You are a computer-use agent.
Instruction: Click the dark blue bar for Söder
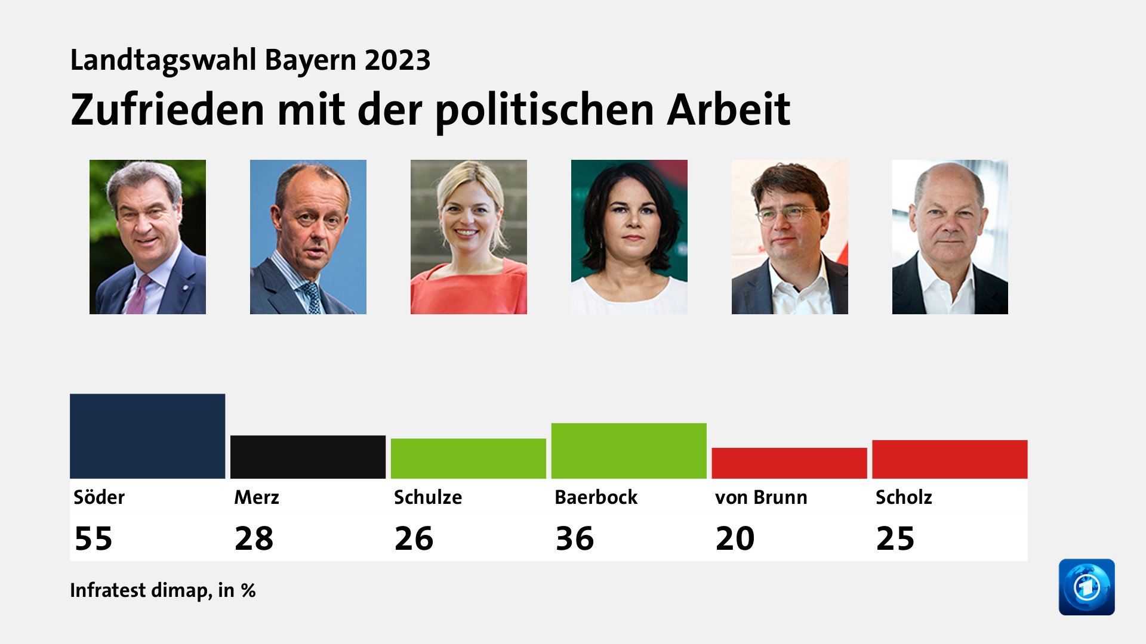(x=147, y=436)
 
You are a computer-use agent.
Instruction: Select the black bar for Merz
(x=308, y=457)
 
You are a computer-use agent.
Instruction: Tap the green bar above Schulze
(x=469, y=459)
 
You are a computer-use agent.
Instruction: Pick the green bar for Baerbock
(x=629, y=451)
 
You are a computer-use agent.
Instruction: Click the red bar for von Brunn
(x=789, y=463)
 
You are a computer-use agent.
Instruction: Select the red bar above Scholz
(x=950, y=459)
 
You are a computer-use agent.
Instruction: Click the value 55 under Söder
(x=93, y=538)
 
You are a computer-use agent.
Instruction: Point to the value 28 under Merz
(x=254, y=538)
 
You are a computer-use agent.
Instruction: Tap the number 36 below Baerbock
(x=574, y=538)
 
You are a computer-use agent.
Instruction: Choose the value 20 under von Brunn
(x=735, y=538)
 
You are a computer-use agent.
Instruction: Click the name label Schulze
(x=427, y=497)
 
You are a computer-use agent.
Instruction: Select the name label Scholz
(x=903, y=497)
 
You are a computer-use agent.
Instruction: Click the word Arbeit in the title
(x=728, y=110)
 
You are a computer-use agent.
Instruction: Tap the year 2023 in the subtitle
(x=398, y=60)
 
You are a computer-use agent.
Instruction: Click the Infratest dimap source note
(x=162, y=590)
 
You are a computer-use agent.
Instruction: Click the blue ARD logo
(x=1086, y=587)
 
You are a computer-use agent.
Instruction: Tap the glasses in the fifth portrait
(x=787, y=213)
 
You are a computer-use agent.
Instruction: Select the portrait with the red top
(x=469, y=237)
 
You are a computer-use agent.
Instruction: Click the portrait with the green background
(x=629, y=237)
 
